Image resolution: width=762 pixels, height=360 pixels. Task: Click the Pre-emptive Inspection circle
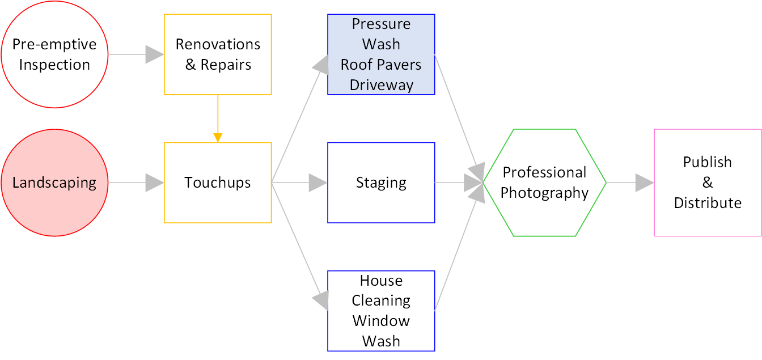pyautogui.click(x=54, y=54)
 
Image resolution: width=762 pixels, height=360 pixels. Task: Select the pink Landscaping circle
pyautogui.click(x=54, y=183)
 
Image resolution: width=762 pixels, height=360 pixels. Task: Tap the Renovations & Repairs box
pyautogui.click(x=218, y=54)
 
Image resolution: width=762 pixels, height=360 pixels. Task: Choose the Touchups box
pyautogui.click(x=218, y=183)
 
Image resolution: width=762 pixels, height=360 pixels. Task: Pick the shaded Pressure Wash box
pyautogui.click(x=381, y=54)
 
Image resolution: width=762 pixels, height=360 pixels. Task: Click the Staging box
pyautogui.click(x=381, y=183)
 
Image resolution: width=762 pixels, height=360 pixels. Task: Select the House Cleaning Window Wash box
pyautogui.click(x=381, y=311)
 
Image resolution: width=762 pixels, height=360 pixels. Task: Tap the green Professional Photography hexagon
pyautogui.click(x=544, y=183)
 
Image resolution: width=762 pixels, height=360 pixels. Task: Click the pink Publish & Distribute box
pyautogui.click(x=708, y=183)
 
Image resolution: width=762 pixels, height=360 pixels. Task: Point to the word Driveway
pyautogui.click(x=381, y=85)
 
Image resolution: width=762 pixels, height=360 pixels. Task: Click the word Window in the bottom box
pyautogui.click(x=381, y=321)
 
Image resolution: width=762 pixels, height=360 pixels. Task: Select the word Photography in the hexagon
pyautogui.click(x=544, y=193)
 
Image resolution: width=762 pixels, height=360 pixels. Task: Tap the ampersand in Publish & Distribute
pyautogui.click(x=708, y=183)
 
